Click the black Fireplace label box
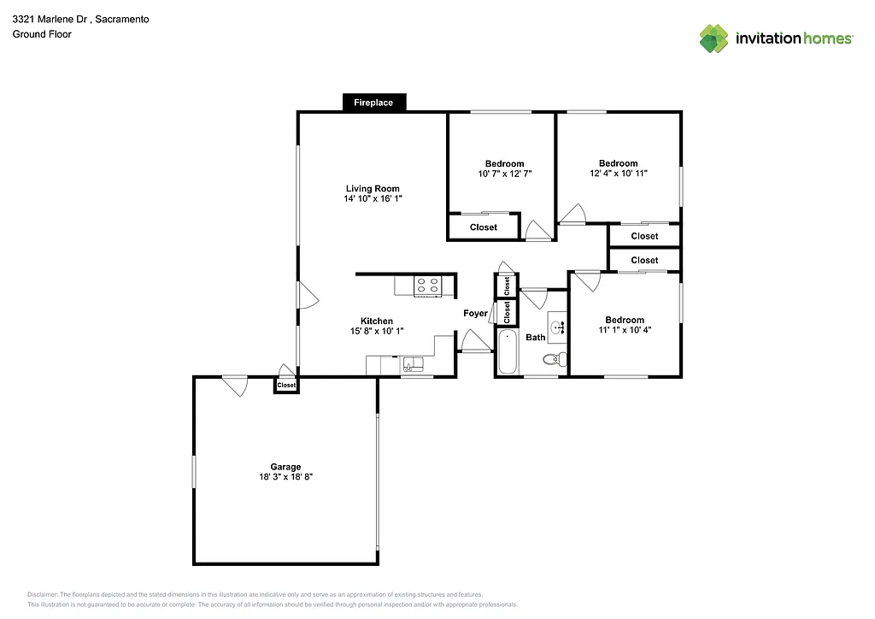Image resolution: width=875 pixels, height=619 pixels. tap(373, 103)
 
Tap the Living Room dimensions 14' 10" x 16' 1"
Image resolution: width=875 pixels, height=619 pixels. tap(372, 198)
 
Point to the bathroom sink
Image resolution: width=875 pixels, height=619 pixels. tap(558, 327)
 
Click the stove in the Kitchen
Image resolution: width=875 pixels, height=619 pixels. tap(427, 286)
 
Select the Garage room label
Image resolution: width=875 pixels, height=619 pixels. tap(285, 467)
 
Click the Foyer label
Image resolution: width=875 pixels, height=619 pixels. tap(475, 314)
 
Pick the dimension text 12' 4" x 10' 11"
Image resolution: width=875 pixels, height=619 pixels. tap(618, 174)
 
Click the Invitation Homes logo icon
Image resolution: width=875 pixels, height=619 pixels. tap(714, 38)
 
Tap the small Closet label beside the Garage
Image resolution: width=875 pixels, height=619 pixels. tap(286, 386)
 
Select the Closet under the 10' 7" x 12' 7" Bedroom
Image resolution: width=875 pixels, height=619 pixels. tap(484, 227)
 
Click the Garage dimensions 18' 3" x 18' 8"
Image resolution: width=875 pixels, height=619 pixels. tap(285, 477)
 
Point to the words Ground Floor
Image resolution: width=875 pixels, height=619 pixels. tap(42, 34)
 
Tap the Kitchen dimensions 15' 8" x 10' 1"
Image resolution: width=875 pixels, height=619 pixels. tap(376, 331)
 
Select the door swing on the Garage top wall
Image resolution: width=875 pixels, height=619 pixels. tap(234, 386)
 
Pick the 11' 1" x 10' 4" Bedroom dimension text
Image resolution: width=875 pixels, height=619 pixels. tap(625, 330)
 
